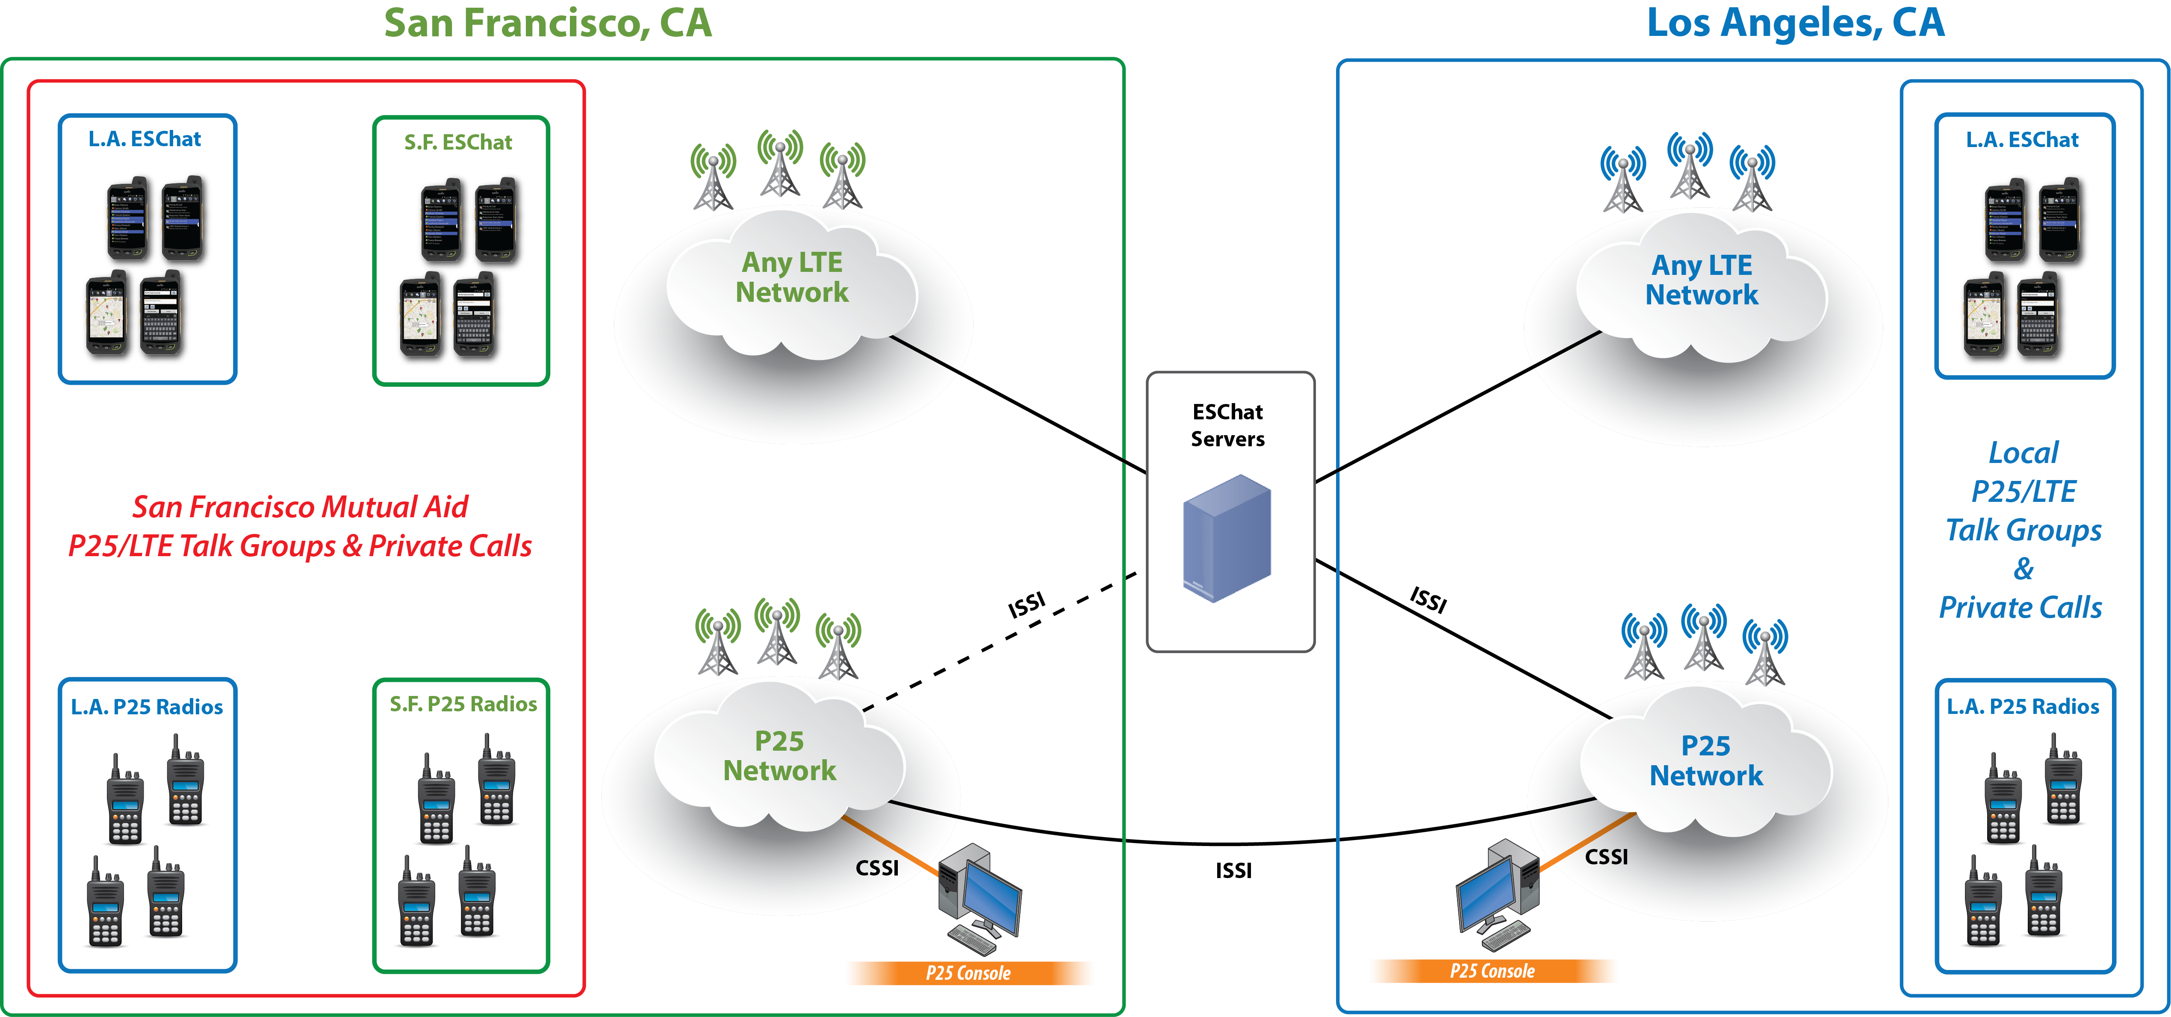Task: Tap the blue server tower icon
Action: pos(1226,537)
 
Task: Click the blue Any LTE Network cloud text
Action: pos(1702,280)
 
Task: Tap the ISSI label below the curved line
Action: pos(1233,870)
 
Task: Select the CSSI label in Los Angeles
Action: pos(1606,857)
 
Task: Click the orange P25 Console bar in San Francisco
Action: pos(969,973)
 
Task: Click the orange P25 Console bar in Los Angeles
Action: pos(1493,971)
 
